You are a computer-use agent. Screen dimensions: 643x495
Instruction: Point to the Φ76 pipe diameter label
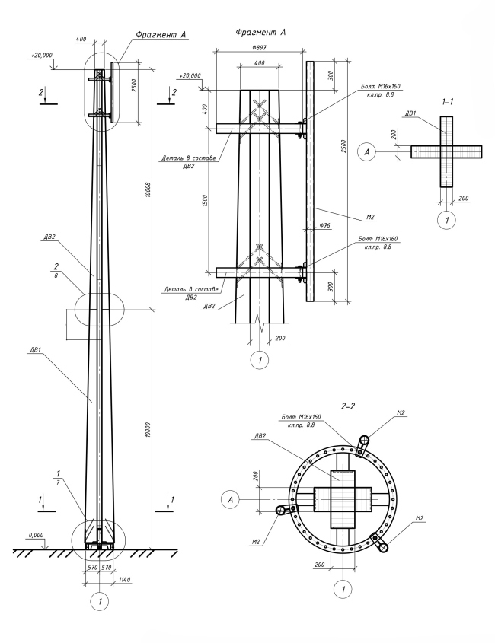coord(325,225)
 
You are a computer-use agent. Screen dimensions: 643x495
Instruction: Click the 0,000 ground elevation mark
coord(36,535)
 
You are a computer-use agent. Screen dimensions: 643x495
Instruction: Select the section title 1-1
coord(445,100)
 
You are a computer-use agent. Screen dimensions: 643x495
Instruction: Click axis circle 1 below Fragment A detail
coord(260,360)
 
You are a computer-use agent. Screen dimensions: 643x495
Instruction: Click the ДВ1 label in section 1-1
coord(410,113)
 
